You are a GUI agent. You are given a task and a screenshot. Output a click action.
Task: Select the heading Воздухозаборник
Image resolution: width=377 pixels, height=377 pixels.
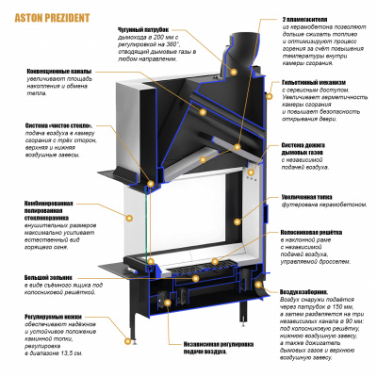pyautogui.click(x=306, y=292)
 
